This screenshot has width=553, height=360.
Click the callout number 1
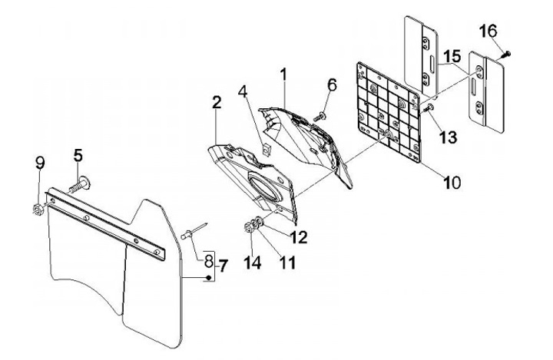(283, 75)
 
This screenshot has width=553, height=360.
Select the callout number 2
(217, 102)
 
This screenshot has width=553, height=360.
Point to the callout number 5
(78, 154)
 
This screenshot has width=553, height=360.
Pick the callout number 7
(224, 266)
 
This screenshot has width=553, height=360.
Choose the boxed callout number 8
(207, 259)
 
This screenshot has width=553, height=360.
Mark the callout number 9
(41, 163)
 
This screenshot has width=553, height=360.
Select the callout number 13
(448, 137)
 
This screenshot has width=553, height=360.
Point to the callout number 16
(488, 31)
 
